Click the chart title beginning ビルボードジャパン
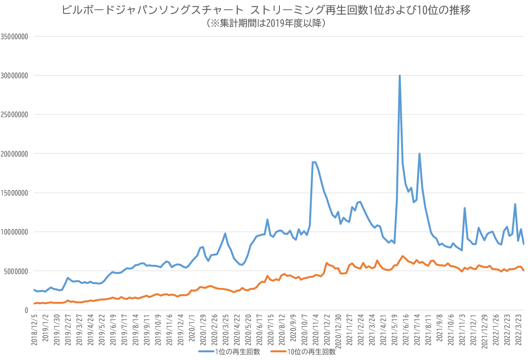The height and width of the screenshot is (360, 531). point(265,10)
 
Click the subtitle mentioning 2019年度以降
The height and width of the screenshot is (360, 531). point(265,23)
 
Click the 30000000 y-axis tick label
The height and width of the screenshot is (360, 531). point(15,76)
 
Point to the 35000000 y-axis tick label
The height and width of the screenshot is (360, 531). point(15,36)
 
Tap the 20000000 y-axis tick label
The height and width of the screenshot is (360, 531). point(15,154)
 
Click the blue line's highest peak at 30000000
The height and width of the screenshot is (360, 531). point(400,76)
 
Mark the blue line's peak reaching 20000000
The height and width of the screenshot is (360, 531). point(419,154)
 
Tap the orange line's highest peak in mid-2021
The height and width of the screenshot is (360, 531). point(403,256)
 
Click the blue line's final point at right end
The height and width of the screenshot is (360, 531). point(524,244)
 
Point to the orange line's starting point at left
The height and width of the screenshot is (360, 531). point(34,304)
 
